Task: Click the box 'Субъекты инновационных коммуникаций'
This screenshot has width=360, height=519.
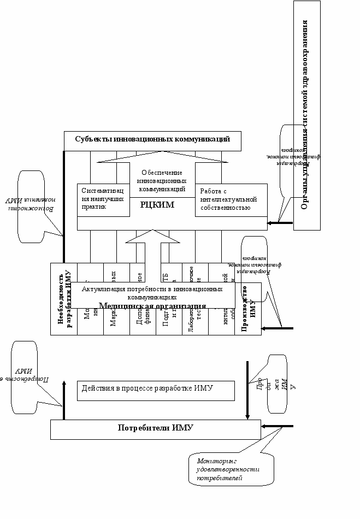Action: (x=152, y=139)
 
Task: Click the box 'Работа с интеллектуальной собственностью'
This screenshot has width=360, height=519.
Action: (x=231, y=200)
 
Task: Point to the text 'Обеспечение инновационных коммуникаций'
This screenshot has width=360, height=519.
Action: (x=162, y=181)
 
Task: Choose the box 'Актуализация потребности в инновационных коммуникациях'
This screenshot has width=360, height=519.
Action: (x=152, y=292)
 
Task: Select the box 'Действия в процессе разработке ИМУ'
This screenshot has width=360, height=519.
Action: (x=156, y=390)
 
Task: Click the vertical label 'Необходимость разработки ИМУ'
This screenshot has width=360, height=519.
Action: (x=64, y=298)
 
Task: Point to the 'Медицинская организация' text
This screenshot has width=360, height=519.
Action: (x=152, y=306)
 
